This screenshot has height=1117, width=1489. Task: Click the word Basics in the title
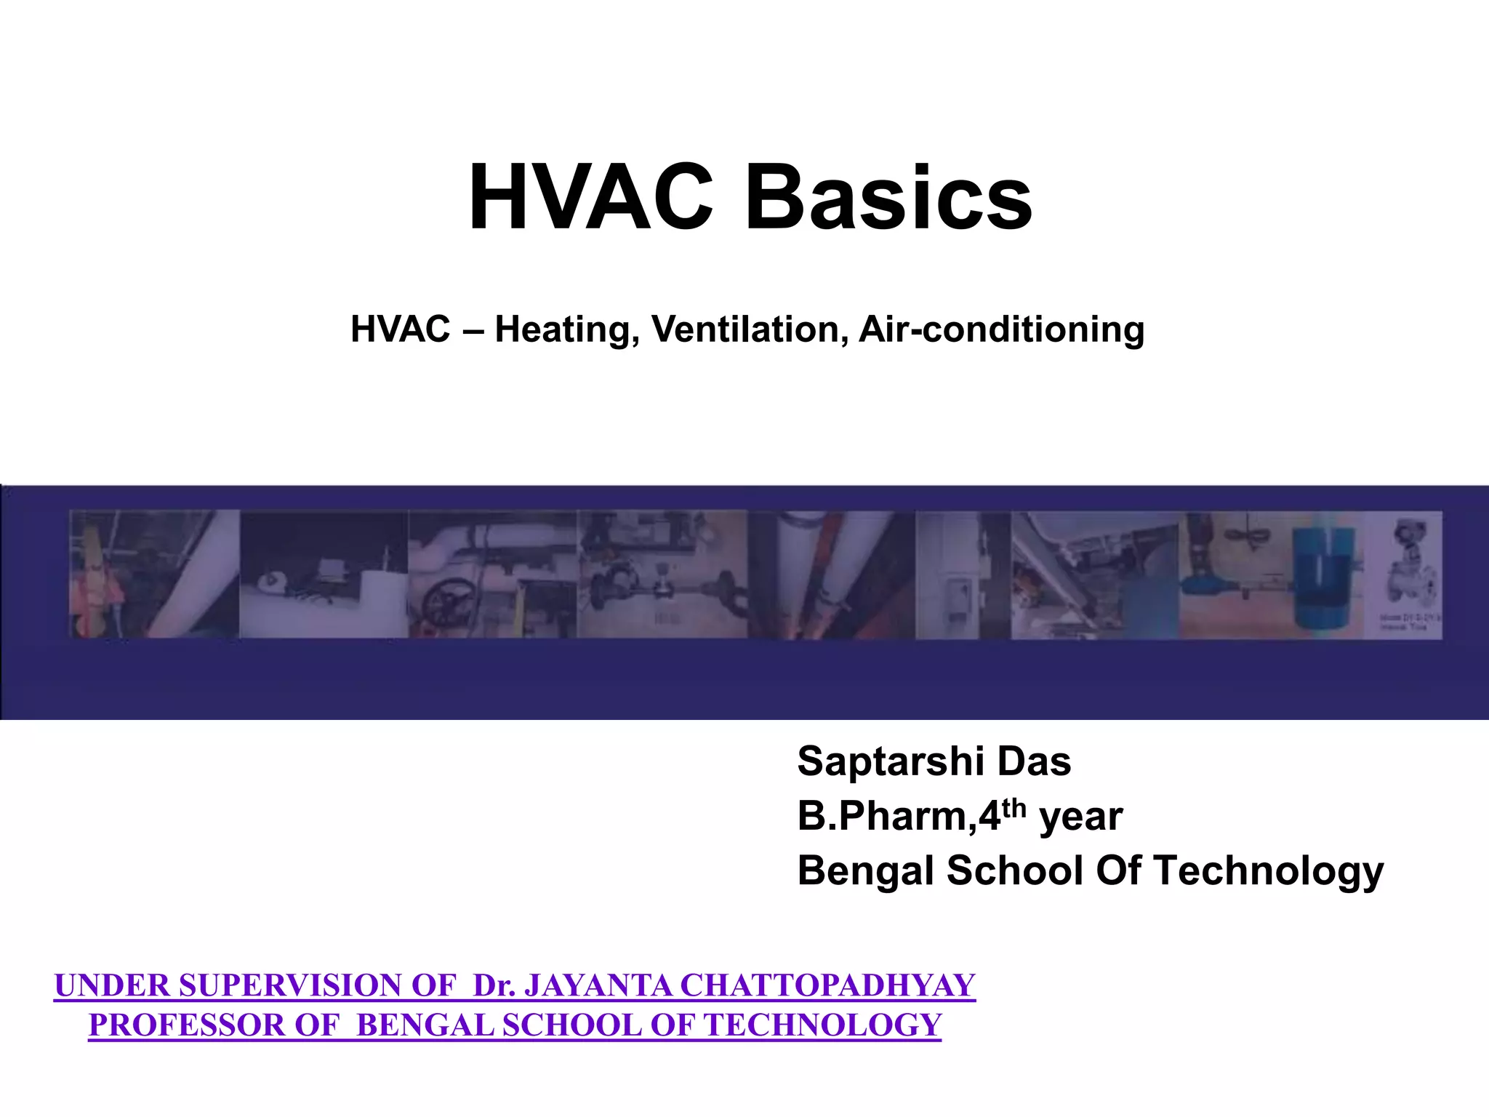click(x=888, y=199)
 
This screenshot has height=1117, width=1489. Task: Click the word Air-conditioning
click(x=1002, y=329)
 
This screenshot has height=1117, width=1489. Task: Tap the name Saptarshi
click(x=891, y=762)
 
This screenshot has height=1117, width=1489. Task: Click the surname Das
click(x=1034, y=761)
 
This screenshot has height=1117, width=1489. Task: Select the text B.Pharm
click(x=883, y=817)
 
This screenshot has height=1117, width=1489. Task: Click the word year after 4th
click(x=1081, y=818)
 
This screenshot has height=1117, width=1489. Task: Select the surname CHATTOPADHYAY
click(x=827, y=986)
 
